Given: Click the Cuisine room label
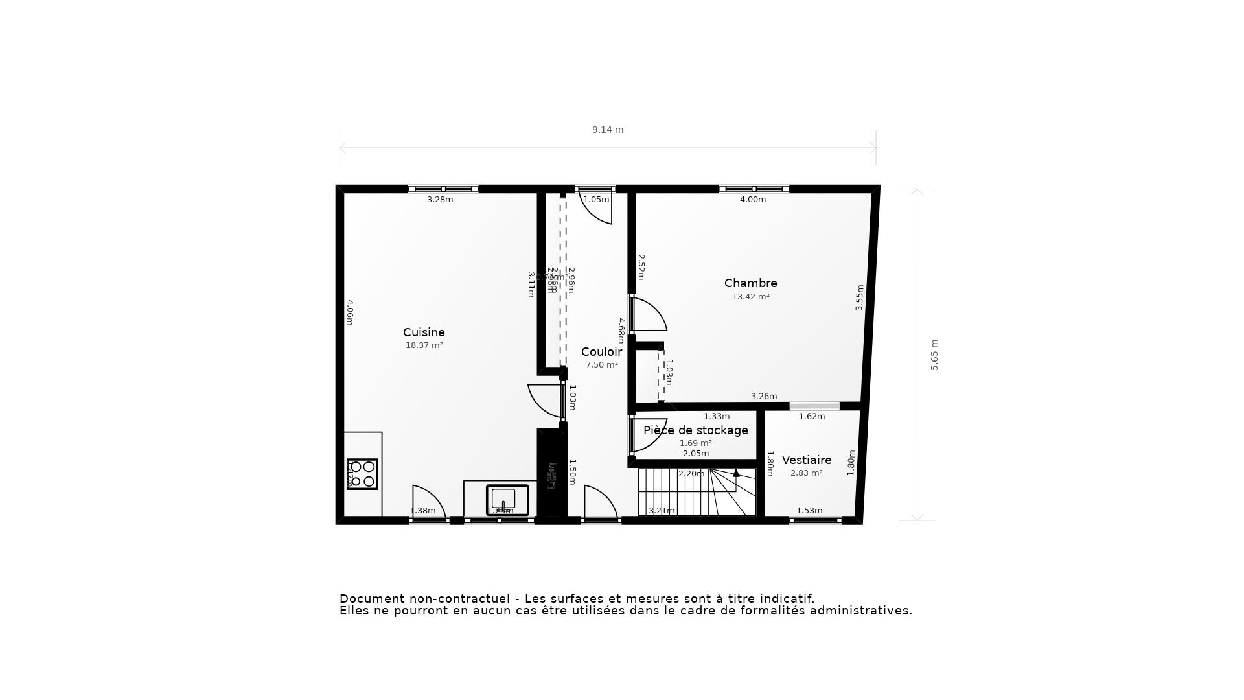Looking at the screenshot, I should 424,332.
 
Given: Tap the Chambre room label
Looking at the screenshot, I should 750,283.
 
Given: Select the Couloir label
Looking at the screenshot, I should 601,352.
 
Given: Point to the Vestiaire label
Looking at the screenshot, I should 807,460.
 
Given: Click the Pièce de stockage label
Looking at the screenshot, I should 695,430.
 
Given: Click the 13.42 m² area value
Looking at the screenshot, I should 750,297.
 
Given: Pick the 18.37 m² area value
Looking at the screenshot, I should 424,345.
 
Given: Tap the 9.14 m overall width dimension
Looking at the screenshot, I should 608,130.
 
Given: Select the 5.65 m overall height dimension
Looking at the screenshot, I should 934,355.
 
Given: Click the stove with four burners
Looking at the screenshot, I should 362,474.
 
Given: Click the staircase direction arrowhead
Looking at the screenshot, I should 736,473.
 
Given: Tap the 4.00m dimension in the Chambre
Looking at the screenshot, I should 753,200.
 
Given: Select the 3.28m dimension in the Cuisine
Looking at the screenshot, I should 440,200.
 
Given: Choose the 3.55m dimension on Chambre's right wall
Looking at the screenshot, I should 860,297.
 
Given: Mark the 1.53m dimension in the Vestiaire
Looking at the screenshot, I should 809,511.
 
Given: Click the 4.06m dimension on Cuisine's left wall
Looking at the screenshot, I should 349,312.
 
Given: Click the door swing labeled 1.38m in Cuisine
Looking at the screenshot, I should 428,504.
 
